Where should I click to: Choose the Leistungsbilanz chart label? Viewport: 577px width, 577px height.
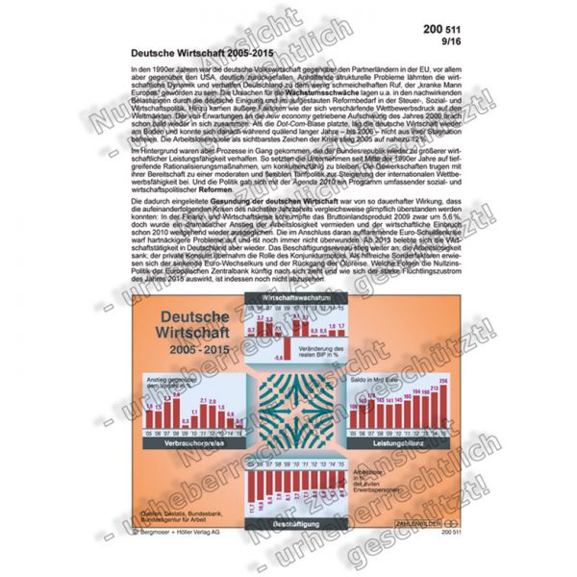(400, 444)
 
